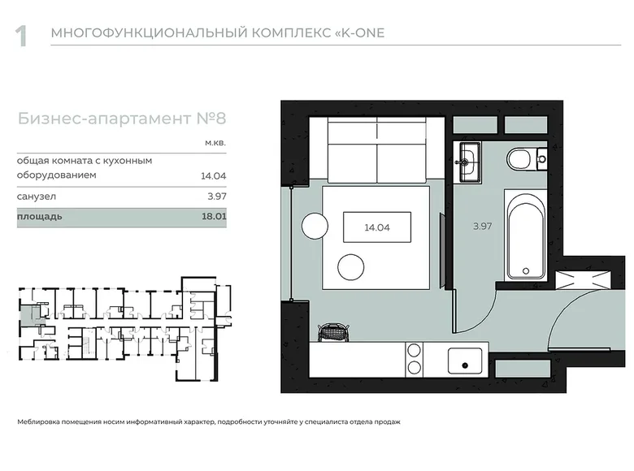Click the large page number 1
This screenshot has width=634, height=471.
[x=22, y=35]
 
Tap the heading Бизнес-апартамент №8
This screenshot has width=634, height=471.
[x=121, y=119]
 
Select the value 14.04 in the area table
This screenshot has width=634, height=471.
[x=213, y=175]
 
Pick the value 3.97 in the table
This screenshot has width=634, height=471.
[x=215, y=197]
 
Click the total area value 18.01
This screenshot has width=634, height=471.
[x=214, y=218]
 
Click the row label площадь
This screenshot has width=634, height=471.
[x=39, y=218]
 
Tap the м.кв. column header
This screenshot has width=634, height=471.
[x=213, y=142]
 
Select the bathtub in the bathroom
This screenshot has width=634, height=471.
[x=528, y=235]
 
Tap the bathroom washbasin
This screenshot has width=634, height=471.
[x=469, y=160]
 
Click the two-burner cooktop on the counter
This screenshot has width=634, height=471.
[x=414, y=359]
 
